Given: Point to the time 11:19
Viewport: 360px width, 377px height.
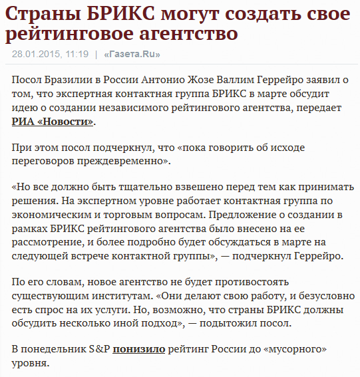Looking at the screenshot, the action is click(x=77, y=54).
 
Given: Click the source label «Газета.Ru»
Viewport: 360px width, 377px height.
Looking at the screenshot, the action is click(x=132, y=54).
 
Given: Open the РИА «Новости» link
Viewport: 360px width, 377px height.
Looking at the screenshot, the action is click(x=53, y=122).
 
